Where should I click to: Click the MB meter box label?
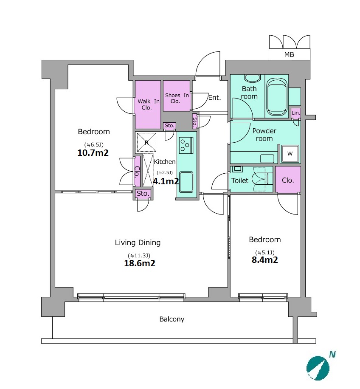[289, 54]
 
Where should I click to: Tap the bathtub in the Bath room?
[277, 97]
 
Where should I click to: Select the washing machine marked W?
[290, 154]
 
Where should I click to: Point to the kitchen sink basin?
[186, 182]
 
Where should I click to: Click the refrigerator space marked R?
[146, 142]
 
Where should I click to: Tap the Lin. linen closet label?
[296, 113]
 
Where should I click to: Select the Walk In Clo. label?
[148, 104]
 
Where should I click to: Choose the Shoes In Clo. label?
[177, 98]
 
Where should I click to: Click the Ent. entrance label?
[214, 98]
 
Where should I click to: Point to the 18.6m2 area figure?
[140, 263]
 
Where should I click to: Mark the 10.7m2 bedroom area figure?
[93, 153]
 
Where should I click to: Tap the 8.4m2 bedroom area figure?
[265, 260]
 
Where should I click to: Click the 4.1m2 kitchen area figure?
[166, 181]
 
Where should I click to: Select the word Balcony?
[172, 319]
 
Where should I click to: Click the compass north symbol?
[318, 368]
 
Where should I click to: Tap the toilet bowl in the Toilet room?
[259, 179]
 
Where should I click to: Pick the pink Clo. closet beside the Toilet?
[288, 180]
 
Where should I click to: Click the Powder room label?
[264, 135]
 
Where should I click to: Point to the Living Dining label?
[138, 242]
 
